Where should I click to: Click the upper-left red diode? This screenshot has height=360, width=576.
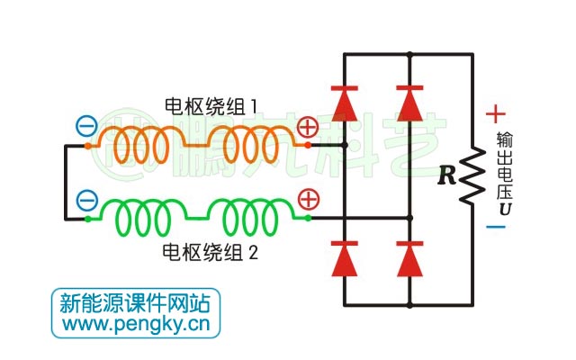[345, 104]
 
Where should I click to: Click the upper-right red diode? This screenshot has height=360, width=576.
[409, 104]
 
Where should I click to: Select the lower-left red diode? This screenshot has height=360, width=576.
[345, 258]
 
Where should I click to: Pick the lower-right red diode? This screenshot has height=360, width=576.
[409, 258]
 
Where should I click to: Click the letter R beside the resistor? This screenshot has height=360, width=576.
[447, 175]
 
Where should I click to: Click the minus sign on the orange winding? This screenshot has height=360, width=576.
[86, 127]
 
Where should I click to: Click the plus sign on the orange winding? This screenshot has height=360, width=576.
[308, 127]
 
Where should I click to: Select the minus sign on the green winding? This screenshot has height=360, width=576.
[86, 200]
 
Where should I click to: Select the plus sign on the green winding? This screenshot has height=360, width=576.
[308, 199]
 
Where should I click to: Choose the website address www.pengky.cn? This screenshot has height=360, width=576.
[136, 322]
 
